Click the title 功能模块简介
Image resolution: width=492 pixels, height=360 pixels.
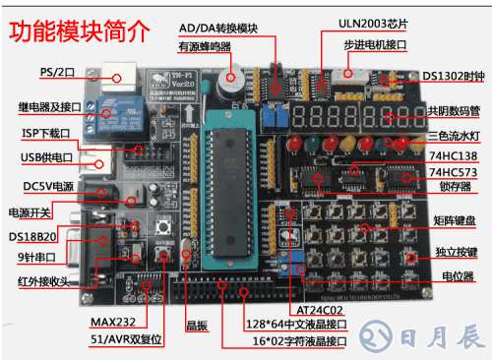click(x=80, y=30)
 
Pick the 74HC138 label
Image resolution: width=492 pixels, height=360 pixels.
click(x=456, y=156)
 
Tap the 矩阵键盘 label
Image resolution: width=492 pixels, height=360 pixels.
click(x=455, y=219)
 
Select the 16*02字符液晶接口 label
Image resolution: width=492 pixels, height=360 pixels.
click(x=300, y=341)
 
